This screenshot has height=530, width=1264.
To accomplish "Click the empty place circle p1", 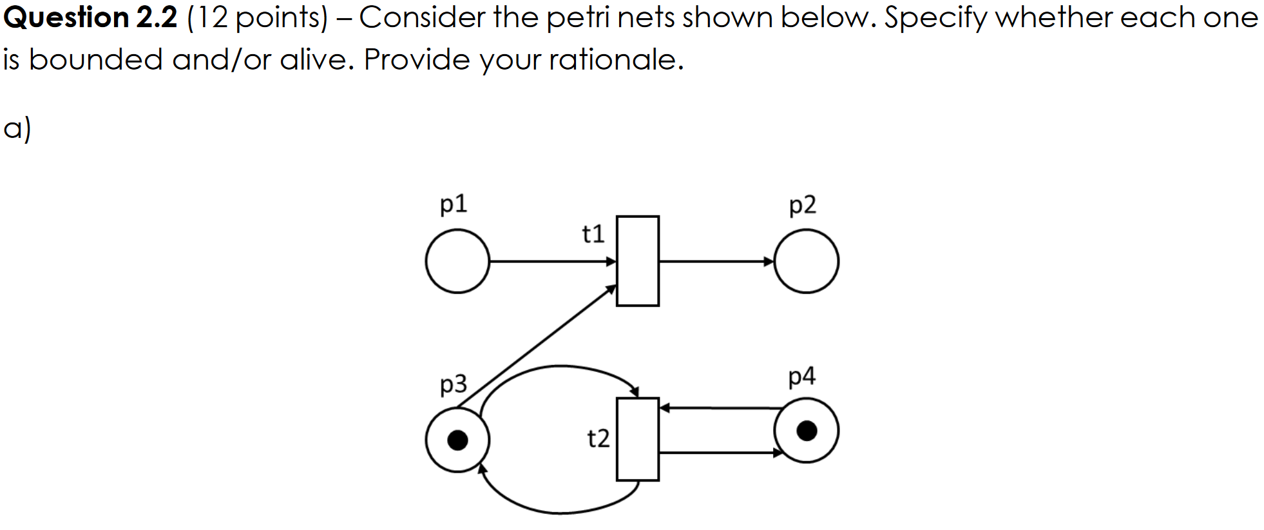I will (457, 261).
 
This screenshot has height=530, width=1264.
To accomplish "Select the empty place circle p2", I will (806, 261).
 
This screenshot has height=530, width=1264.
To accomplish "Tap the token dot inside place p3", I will (457, 440).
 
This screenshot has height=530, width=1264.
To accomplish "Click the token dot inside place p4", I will (807, 430).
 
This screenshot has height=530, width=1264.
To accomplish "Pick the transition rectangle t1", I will (637, 261).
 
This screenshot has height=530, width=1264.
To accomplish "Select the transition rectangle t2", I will (637, 439).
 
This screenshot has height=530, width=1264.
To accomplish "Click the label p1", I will (454, 204).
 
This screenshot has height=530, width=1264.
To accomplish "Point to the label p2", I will (802, 205).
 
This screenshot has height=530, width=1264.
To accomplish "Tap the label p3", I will (454, 384).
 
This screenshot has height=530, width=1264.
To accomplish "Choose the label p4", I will (801, 376).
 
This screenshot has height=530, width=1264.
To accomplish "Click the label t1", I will (593, 233).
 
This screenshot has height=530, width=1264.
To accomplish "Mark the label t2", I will (598, 438).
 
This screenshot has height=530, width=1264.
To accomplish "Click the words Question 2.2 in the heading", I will (90, 17).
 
